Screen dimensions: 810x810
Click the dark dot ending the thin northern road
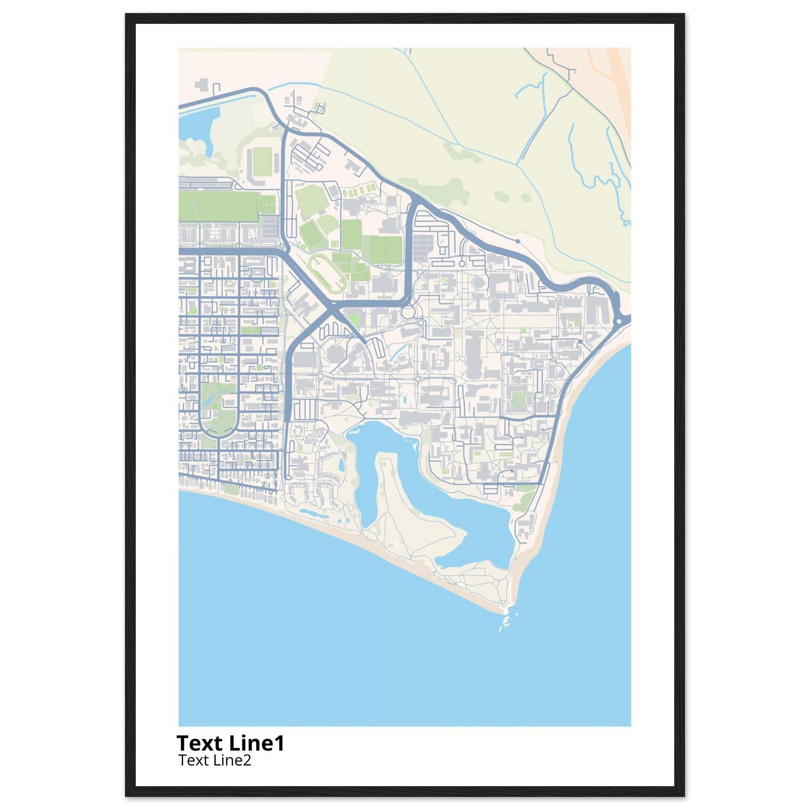tap(518, 241)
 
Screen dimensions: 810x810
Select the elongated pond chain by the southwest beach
tap(310, 513)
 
